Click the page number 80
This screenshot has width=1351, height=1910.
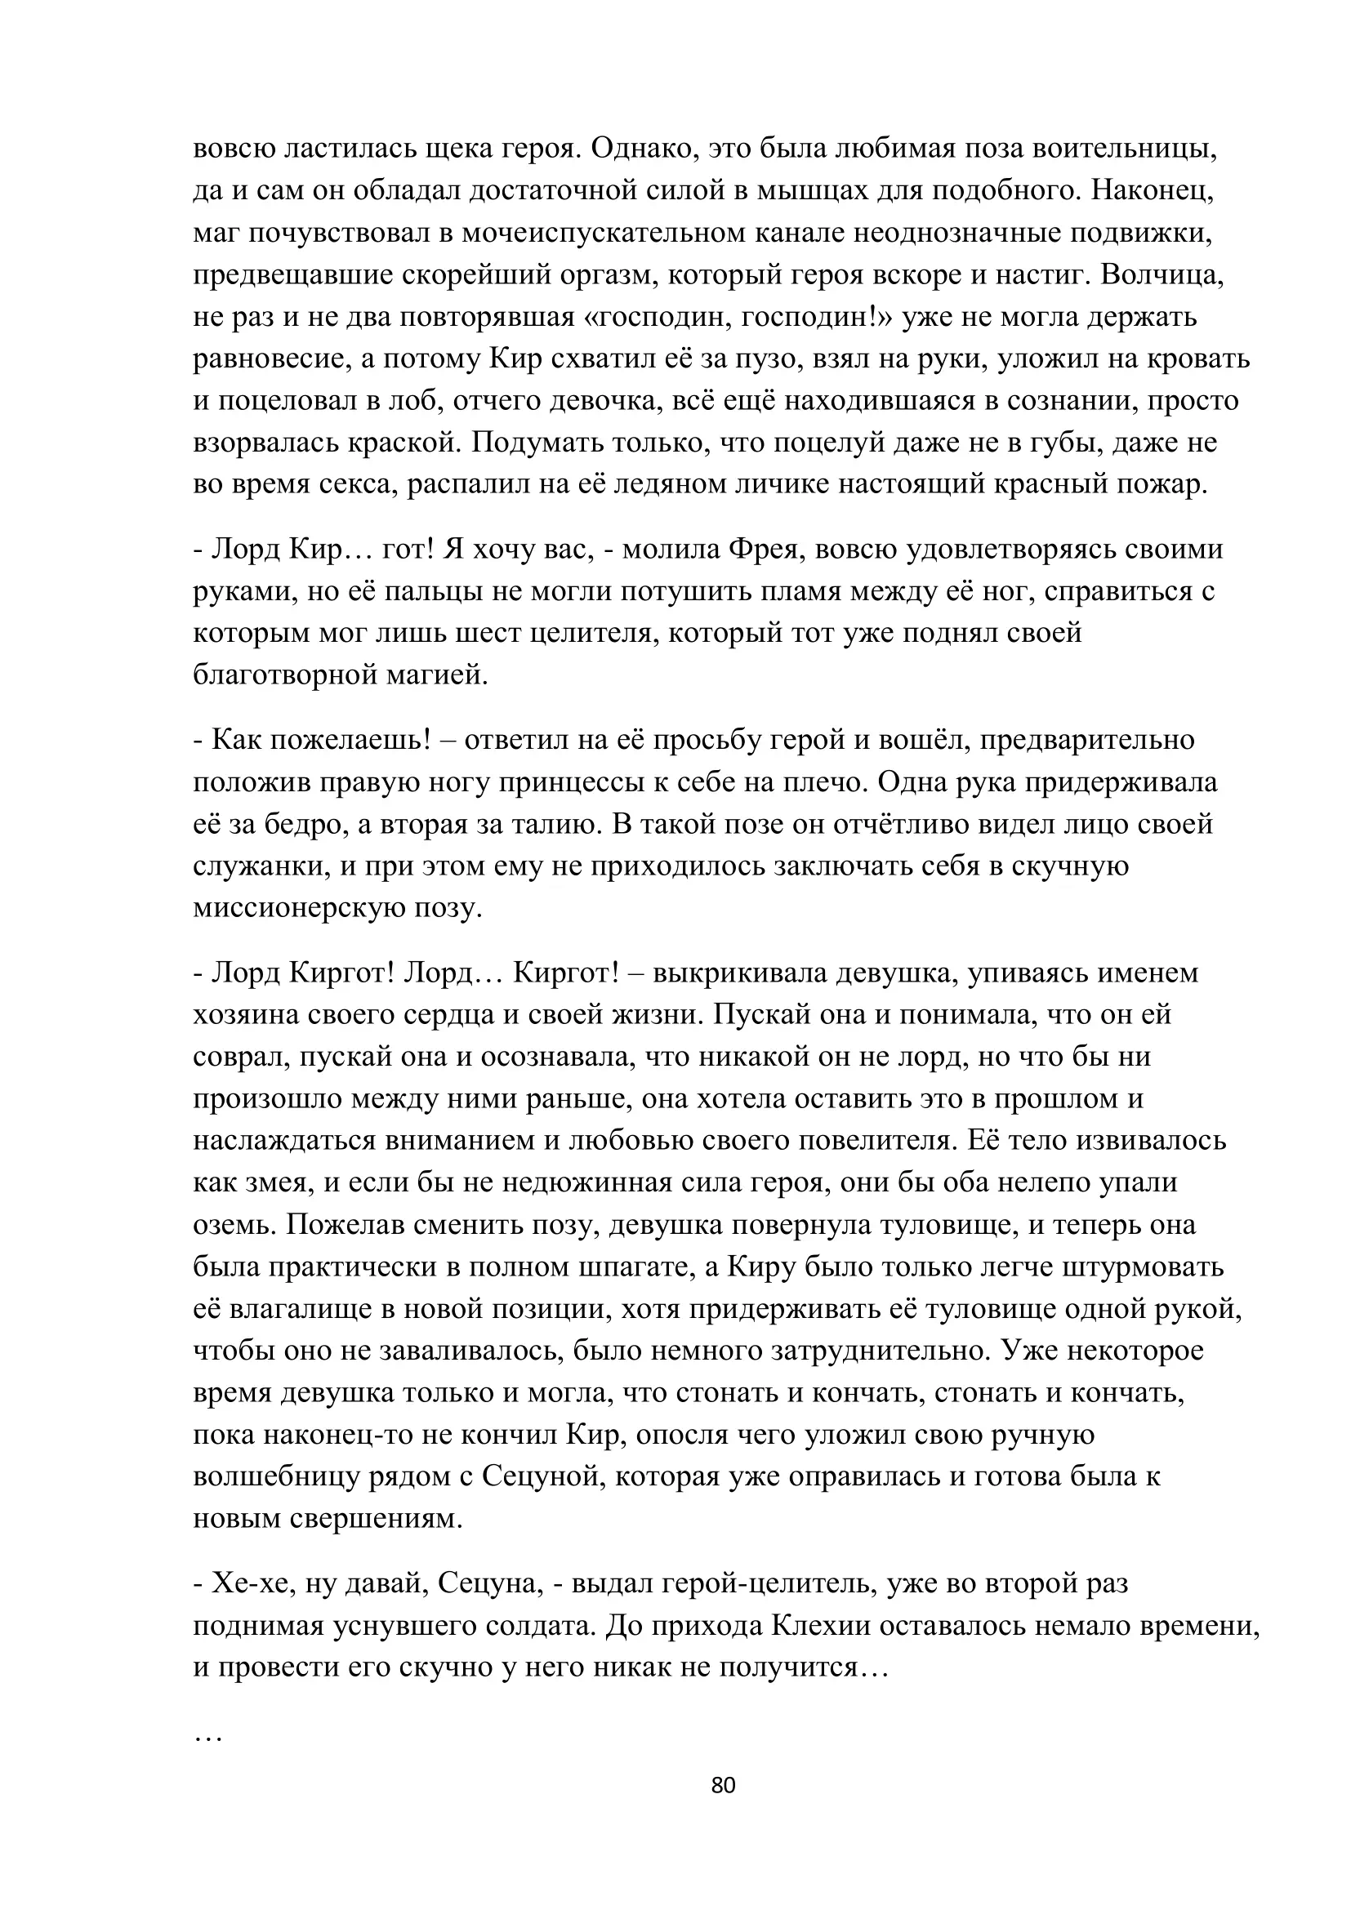pyautogui.click(x=723, y=1785)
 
